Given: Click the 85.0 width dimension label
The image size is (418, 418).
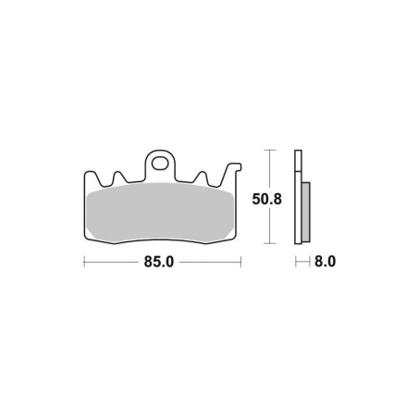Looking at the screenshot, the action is coord(159,262).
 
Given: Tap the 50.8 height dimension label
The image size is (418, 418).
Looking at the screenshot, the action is coord(266,199).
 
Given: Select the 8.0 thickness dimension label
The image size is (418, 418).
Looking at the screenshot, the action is coord(325,262).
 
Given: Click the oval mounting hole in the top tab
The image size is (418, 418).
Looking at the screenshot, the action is coord(160,164).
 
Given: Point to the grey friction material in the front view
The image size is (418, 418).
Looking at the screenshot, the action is coord(160,212).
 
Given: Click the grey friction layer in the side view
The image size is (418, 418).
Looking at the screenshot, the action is coord(306,212).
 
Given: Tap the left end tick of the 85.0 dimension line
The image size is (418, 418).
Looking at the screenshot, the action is coord(84,262).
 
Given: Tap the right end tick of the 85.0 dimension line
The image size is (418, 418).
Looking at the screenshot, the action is coord(240,262).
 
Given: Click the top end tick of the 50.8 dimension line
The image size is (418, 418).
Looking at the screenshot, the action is coord(270,150).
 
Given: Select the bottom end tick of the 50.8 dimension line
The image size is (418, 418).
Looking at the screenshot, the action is coord(270,243).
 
